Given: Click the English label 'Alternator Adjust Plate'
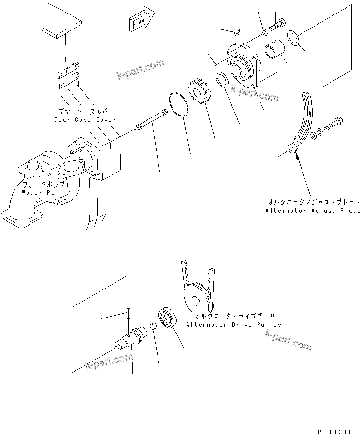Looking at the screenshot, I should (313, 211).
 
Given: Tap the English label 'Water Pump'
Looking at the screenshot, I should (42, 192).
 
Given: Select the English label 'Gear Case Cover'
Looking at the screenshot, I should (85, 119).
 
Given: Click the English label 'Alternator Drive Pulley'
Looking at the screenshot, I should (233, 325).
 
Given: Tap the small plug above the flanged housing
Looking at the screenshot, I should (237, 32).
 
